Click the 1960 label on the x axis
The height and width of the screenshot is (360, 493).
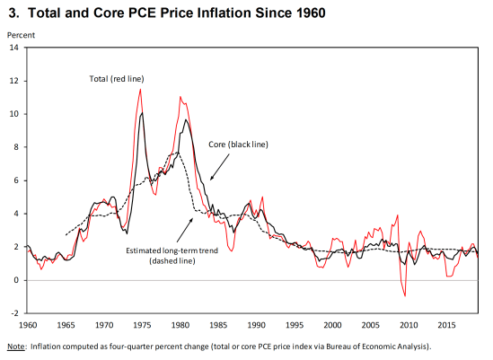tap(27, 323)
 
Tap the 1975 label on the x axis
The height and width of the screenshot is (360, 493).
tap(141, 323)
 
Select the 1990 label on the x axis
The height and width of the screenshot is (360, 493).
tap(256, 323)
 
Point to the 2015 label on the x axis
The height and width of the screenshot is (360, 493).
tap(446, 323)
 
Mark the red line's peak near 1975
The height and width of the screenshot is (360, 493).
tap(141, 89)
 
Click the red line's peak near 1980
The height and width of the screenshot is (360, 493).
tap(180, 96)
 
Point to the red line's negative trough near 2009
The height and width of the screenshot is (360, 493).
tap(405, 295)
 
